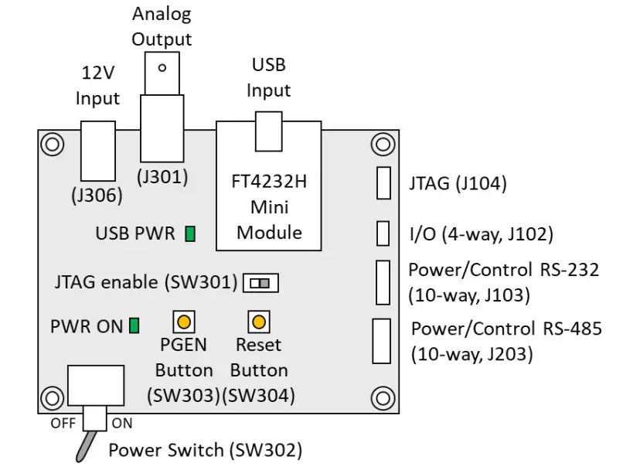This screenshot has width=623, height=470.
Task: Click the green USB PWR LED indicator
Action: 189,233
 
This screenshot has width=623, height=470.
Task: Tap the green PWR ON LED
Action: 134,325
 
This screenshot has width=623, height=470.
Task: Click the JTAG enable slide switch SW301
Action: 260,283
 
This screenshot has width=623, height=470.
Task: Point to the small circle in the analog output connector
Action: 162,67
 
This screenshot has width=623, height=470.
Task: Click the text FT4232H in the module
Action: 269,184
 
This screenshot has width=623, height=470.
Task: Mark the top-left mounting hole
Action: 51,144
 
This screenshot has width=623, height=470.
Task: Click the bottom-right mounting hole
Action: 383,399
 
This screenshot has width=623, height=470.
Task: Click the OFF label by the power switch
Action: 63,424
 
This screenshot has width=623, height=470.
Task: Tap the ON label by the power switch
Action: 122,424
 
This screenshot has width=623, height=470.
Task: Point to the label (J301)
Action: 162,177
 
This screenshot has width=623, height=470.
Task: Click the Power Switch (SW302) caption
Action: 205,450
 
